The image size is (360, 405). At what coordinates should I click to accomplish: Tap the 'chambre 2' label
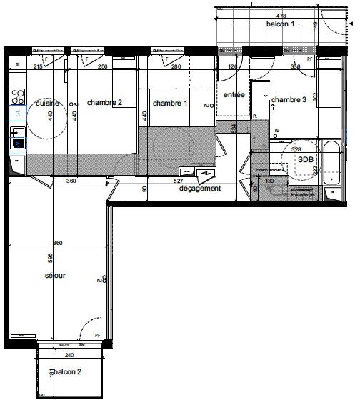click(x=105, y=103)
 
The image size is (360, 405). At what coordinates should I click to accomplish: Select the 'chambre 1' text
click(x=170, y=103)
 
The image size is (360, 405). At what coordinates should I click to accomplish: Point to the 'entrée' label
click(x=234, y=95)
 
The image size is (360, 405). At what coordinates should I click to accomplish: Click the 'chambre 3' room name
click(x=289, y=100)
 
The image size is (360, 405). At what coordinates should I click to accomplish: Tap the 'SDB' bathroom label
click(x=306, y=159)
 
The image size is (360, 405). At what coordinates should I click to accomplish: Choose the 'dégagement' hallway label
click(x=201, y=189)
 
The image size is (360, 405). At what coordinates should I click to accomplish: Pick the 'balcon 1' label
click(x=281, y=24)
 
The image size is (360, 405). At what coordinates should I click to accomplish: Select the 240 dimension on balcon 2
click(x=69, y=355)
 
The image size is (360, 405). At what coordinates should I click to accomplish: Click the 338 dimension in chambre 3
click(x=295, y=66)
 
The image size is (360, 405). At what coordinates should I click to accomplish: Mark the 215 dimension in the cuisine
click(x=39, y=66)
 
